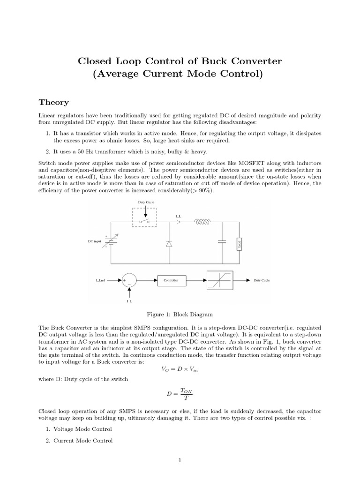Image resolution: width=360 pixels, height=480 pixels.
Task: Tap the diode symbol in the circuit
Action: pyautogui.click(x=169, y=243)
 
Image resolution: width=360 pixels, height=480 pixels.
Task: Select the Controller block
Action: pyautogui.click(x=170, y=280)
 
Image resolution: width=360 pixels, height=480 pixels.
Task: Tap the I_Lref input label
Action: pyautogui.click(x=100, y=280)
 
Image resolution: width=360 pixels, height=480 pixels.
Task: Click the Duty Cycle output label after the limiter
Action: pyautogui.click(x=261, y=280)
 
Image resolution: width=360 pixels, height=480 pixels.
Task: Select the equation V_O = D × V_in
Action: pyautogui.click(x=180, y=368)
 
